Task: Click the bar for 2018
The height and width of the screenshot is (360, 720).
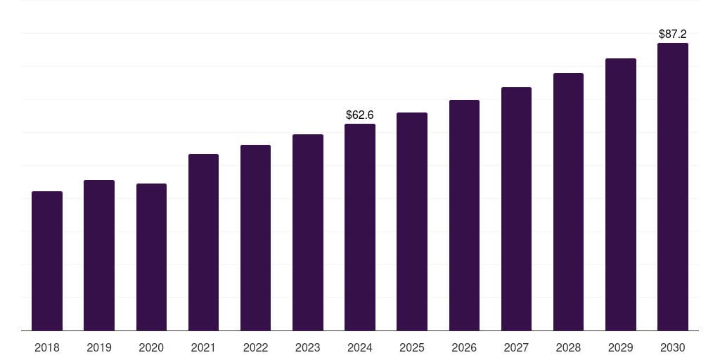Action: [47, 261]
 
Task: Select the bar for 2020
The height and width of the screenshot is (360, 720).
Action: [151, 257]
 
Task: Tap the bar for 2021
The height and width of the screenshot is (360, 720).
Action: [203, 242]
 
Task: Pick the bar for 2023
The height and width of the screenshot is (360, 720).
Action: [308, 232]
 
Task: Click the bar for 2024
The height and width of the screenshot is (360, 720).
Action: [360, 227]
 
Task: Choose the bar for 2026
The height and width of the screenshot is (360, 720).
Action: [464, 215]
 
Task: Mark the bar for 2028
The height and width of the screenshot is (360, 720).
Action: [568, 202]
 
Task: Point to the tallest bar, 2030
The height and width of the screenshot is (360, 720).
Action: [672, 187]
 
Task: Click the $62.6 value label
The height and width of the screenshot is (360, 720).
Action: [360, 115]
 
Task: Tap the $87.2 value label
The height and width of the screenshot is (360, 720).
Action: [673, 34]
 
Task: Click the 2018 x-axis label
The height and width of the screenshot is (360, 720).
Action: [47, 347]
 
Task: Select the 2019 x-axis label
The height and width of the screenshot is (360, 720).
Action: [99, 347]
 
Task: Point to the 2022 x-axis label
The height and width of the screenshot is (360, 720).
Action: [255, 347]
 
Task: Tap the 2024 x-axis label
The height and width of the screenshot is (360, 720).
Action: [360, 347]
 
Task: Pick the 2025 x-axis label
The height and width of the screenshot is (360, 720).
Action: [412, 347]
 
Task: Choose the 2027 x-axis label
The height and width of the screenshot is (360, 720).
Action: [516, 347]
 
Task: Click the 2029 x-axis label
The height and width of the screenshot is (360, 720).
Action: [620, 347]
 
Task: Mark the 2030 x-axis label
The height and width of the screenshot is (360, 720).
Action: [672, 347]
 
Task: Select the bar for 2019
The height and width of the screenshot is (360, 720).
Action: [99, 255]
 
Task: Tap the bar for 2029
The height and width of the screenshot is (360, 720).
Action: [620, 195]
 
